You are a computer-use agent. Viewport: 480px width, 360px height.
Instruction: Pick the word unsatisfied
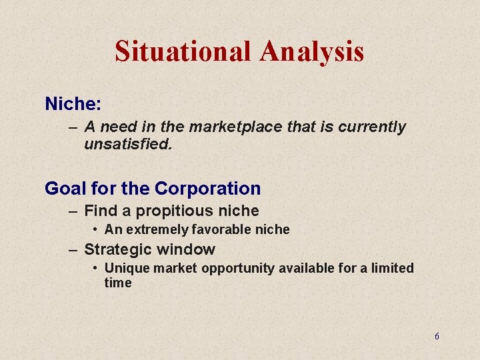click(x=128, y=143)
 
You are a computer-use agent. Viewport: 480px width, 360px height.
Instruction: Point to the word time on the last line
click(x=118, y=283)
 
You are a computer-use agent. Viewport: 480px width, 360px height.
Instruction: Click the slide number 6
click(x=437, y=337)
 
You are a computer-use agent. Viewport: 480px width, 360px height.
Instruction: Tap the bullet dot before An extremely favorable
click(x=97, y=229)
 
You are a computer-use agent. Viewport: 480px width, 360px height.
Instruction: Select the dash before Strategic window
click(x=73, y=250)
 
